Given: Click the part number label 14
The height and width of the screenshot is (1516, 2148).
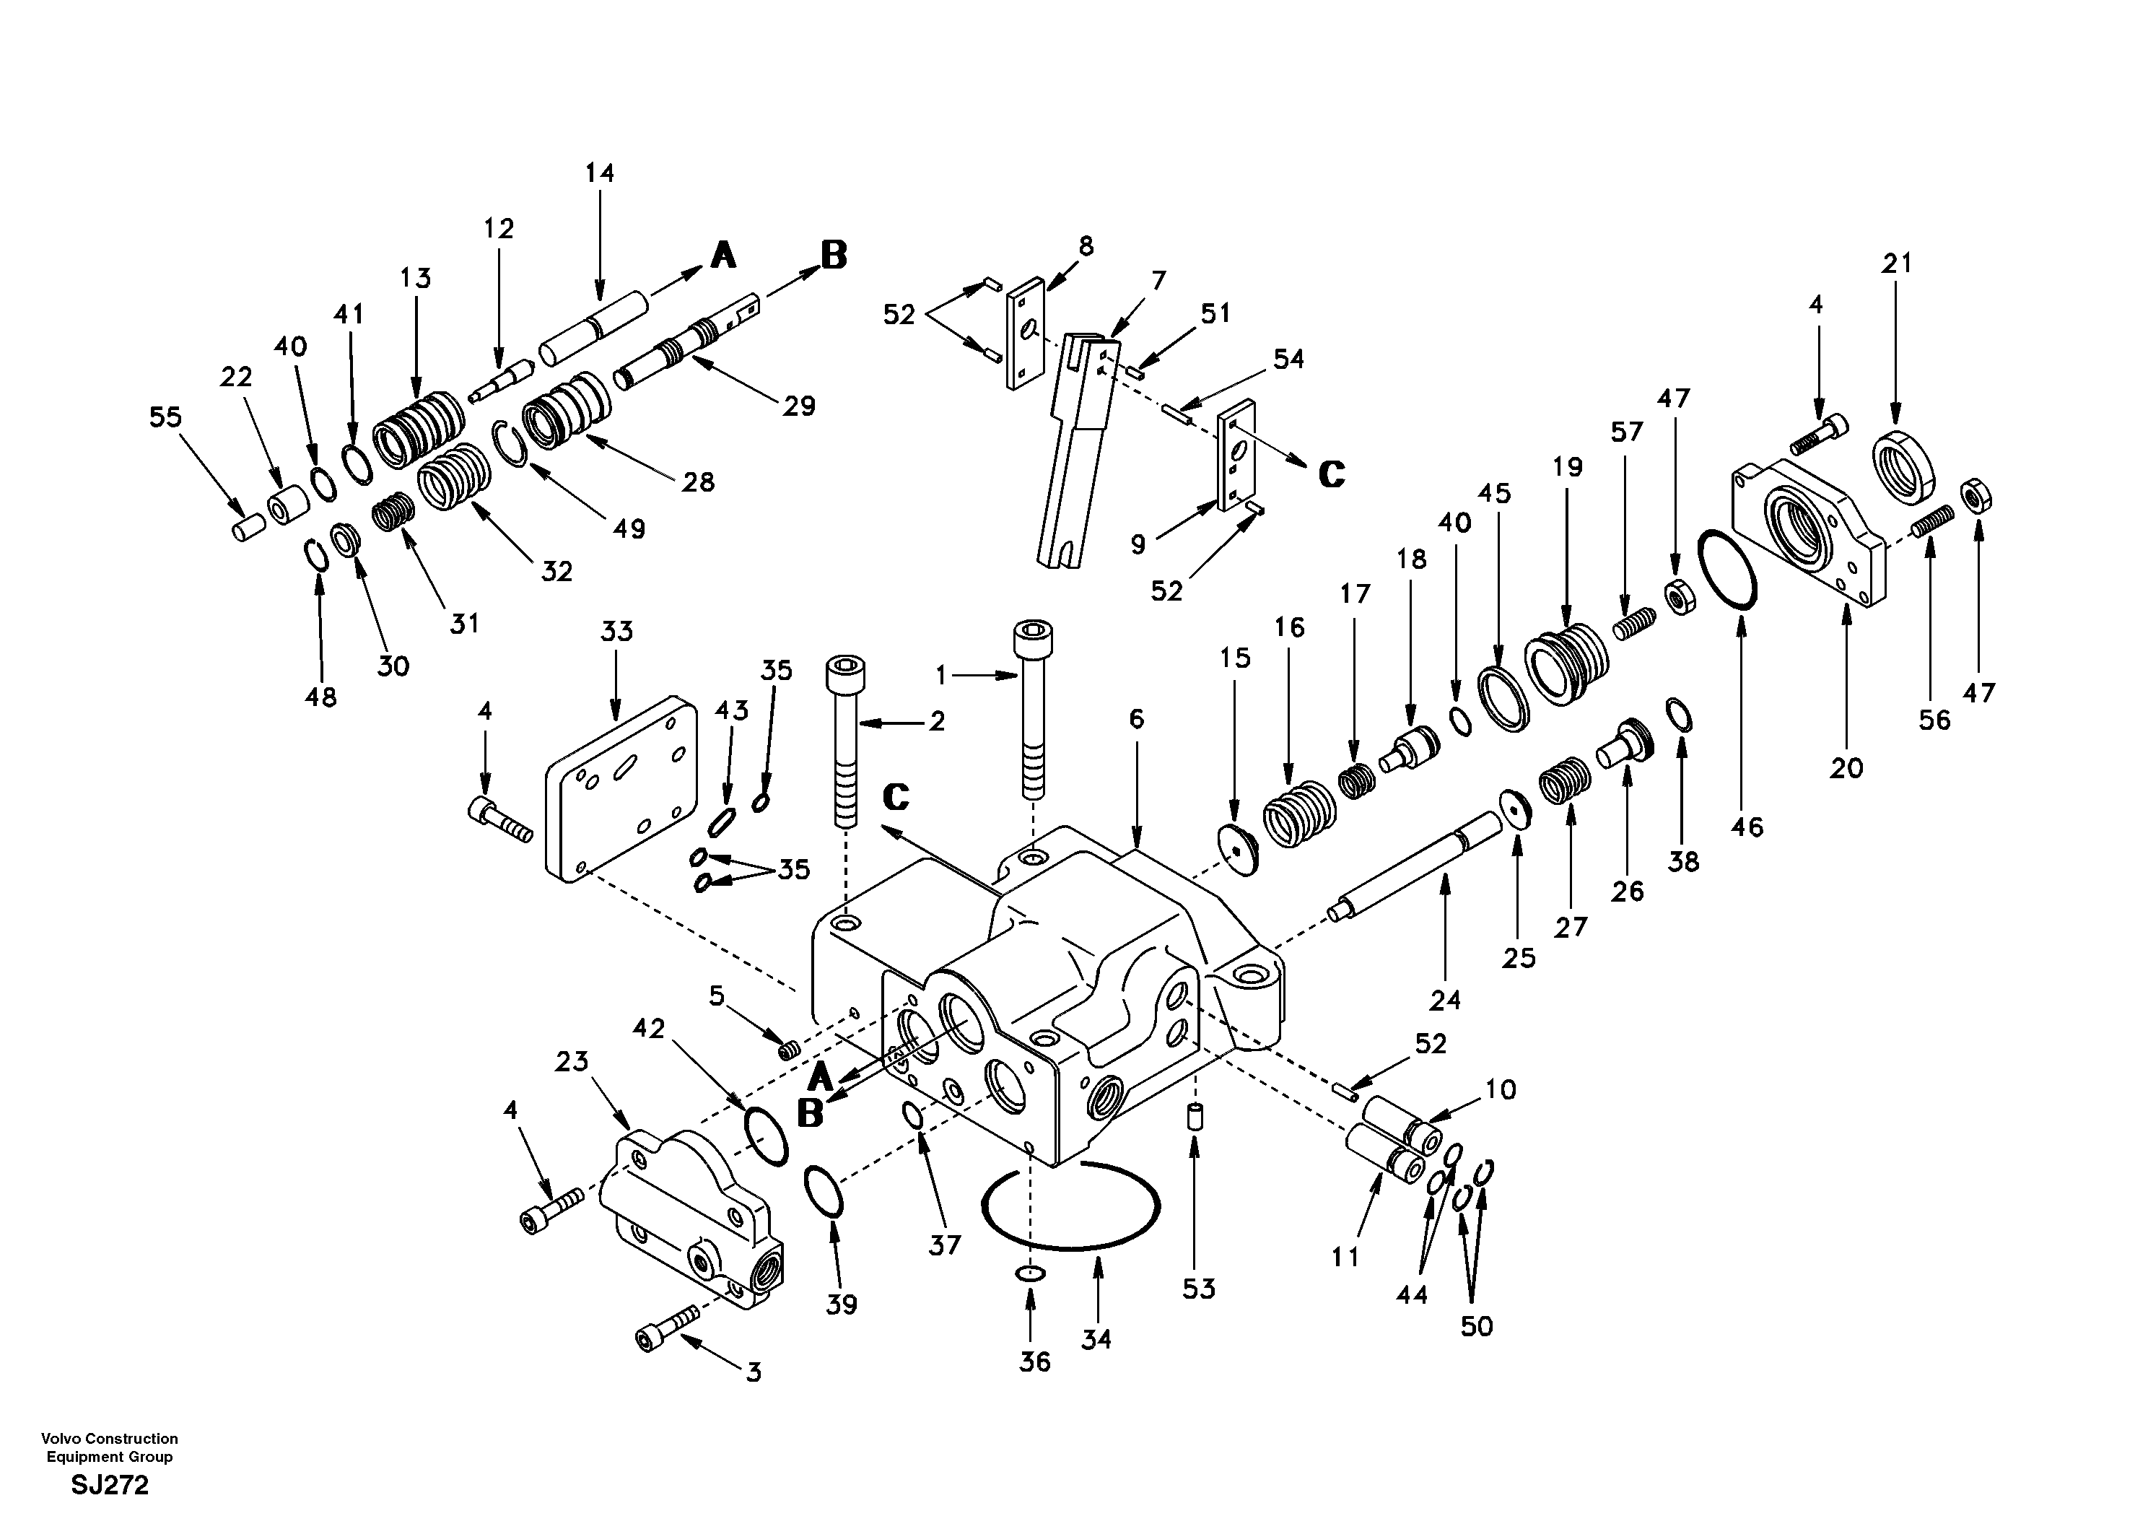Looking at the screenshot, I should (x=600, y=173).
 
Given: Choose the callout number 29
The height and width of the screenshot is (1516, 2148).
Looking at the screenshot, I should (x=799, y=406).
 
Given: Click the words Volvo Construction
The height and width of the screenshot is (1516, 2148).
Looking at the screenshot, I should (x=110, y=1438).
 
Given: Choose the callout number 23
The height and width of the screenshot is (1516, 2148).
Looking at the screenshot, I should (x=572, y=1061).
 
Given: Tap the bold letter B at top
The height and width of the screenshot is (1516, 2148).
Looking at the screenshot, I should (x=834, y=255).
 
